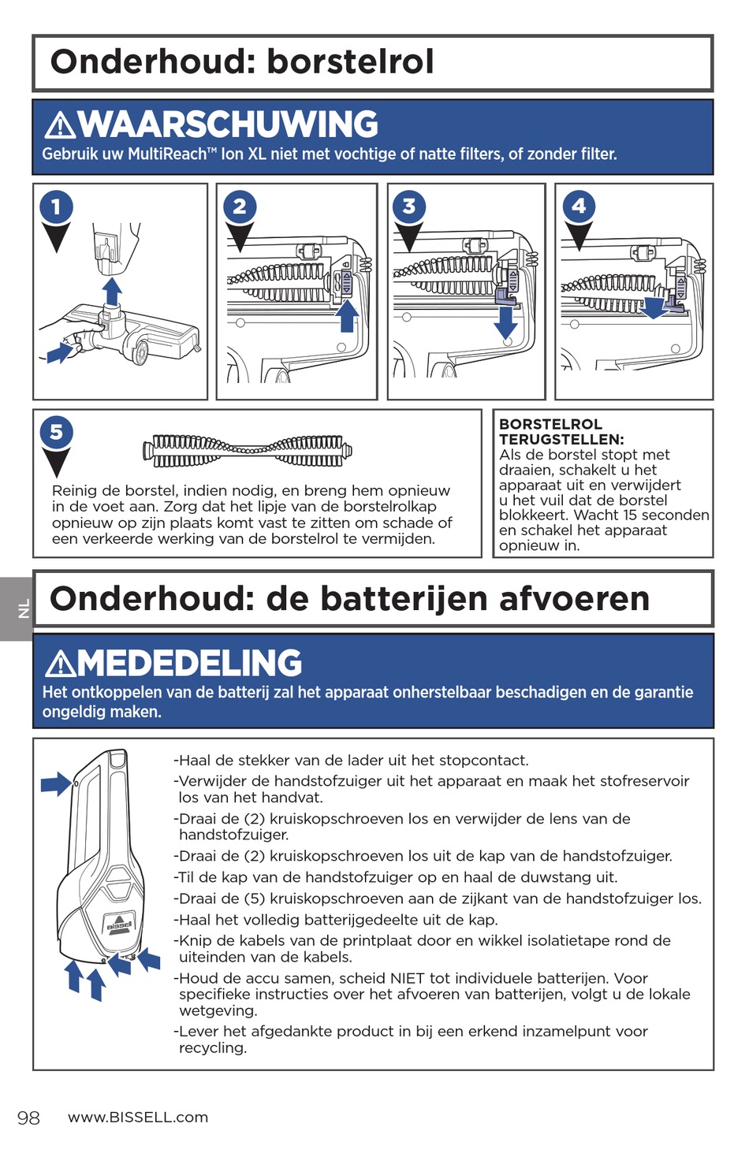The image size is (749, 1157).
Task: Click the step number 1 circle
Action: (x=56, y=207)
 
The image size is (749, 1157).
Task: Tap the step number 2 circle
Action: (x=240, y=206)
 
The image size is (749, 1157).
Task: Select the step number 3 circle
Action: (x=408, y=206)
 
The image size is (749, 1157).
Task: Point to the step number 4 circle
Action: (x=579, y=206)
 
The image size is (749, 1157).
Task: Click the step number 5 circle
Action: (x=56, y=432)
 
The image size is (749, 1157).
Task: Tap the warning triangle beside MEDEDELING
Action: (x=60, y=664)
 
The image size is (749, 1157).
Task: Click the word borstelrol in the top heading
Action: (x=350, y=61)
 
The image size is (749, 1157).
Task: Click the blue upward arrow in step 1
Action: (x=112, y=290)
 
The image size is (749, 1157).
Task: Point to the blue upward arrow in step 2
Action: (x=347, y=315)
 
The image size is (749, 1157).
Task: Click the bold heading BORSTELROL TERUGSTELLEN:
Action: (x=561, y=432)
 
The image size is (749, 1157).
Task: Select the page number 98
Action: (x=28, y=1118)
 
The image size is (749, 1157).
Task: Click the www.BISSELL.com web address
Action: (x=138, y=1117)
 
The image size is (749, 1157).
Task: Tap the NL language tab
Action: (x=23, y=608)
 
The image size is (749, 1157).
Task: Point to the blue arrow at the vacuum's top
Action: (x=56, y=784)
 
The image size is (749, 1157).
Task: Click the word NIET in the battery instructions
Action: (x=408, y=978)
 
